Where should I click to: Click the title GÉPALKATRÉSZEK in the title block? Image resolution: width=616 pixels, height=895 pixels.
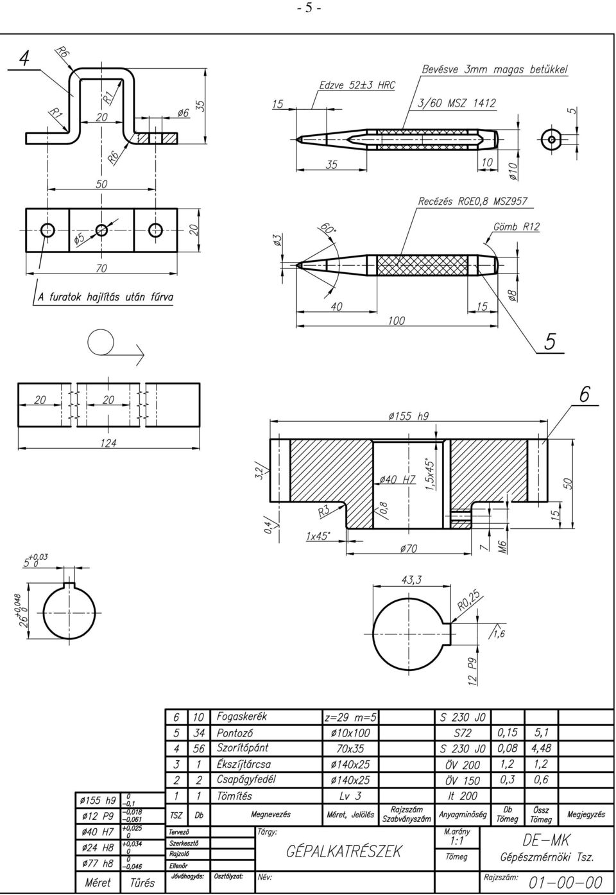[343, 851]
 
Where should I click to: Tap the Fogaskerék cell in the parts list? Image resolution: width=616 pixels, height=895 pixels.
[241, 717]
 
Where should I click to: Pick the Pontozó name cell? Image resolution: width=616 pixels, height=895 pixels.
[235, 733]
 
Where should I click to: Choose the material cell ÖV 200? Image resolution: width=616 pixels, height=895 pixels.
[462, 765]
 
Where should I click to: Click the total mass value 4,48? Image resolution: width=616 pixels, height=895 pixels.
[540, 748]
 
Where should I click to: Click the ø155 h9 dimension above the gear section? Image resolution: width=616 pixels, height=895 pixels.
[408, 416]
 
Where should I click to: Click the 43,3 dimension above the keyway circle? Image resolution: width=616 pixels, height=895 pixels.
[411, 579]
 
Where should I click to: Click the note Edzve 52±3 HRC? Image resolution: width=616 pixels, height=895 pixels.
[357, 85]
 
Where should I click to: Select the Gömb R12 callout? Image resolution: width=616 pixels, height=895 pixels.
[516, 227]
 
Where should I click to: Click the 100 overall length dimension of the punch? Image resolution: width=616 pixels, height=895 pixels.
[396, 320]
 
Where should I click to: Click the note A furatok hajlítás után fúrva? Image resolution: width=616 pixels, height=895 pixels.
[105, 297]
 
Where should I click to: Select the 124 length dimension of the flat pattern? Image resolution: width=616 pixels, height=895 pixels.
[108, 443]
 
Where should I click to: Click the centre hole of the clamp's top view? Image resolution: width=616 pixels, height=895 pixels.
[101, 230]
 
